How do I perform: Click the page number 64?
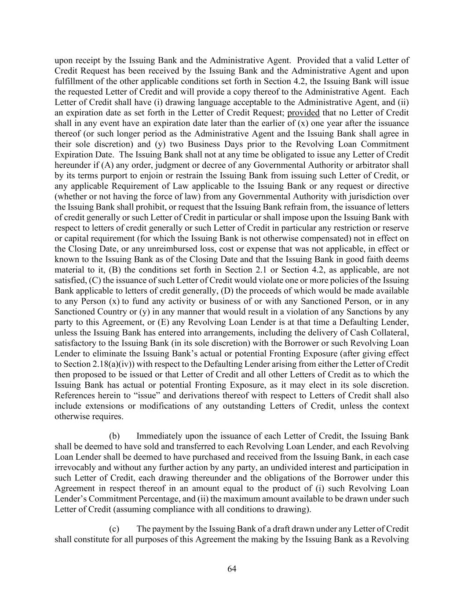(x=232, y=569)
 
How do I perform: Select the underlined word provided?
(x=303, y=113)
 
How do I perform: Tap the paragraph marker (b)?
(x=114, y=436)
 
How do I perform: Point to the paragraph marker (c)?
(x=114, y=529)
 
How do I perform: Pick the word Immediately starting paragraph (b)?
(x=159, y=436)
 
